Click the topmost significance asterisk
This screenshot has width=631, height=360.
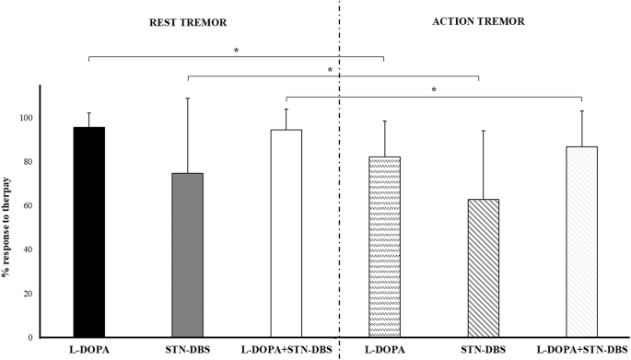point(236,52)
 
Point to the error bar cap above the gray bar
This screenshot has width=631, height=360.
point(188,99)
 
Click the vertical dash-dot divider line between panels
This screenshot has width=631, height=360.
point(339,184)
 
